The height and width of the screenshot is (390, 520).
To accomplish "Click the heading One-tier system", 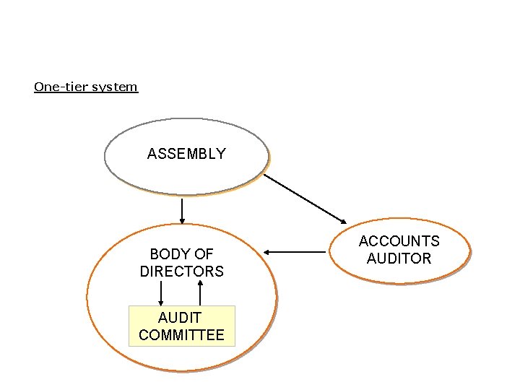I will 85,87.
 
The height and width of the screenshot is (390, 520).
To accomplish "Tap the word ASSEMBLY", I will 186,153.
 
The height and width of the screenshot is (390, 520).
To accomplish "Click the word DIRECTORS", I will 182,272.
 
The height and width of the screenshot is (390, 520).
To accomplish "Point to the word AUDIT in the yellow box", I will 180,317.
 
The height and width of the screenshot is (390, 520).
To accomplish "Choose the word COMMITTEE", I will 181,335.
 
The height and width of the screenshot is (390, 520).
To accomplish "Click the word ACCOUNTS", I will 399,241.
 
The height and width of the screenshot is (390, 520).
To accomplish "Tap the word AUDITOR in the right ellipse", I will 399,259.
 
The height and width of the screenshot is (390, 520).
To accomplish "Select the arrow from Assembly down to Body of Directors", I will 182,210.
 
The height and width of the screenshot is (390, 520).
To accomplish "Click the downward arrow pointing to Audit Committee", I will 160,292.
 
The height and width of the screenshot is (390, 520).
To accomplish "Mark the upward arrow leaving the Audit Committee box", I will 200,292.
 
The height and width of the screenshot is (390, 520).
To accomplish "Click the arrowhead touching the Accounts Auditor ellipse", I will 344,220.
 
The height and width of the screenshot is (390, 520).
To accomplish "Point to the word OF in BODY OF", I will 204,254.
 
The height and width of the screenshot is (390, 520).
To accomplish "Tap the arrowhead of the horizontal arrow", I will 266,252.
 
